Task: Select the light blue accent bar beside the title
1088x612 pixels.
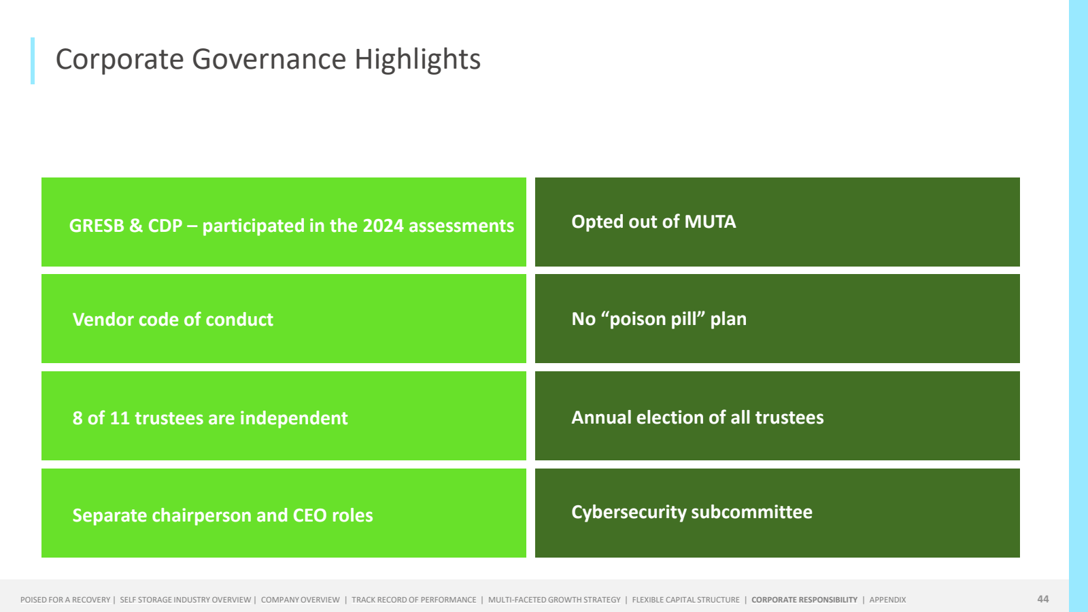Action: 33,61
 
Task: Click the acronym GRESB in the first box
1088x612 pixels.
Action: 97,226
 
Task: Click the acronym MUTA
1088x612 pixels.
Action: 710,222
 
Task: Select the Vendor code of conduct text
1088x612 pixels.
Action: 173,320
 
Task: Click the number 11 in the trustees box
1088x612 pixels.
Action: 120,418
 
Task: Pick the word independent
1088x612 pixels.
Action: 294,419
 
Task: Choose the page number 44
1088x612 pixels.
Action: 1043,599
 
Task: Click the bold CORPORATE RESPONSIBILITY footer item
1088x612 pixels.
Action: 804,600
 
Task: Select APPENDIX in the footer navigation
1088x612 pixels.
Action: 887,600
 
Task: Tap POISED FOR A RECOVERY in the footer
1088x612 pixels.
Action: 65,600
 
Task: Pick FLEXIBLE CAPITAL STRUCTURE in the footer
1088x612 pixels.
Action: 686,600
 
